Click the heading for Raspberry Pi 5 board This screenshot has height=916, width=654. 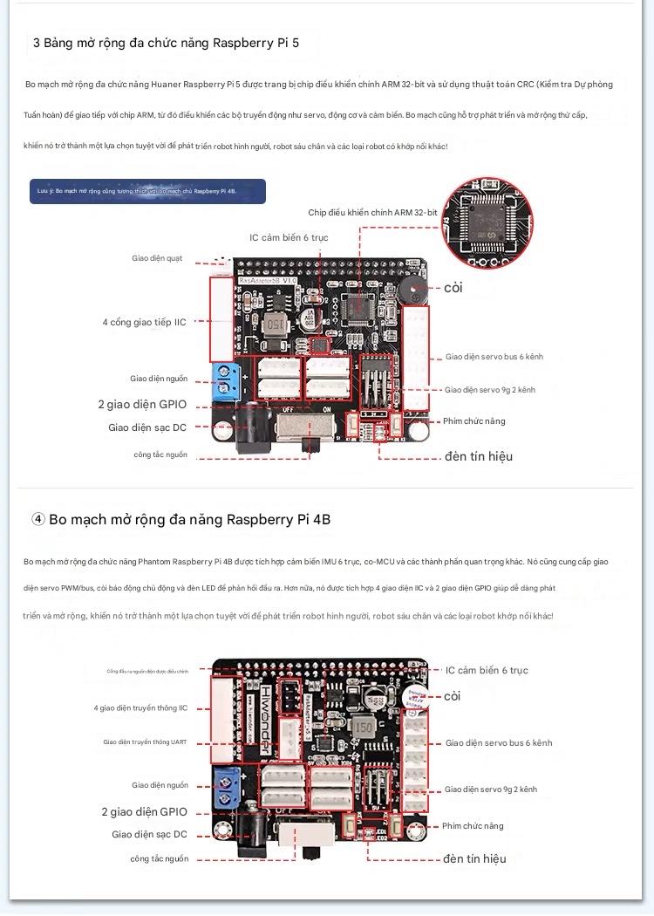pos(166,42)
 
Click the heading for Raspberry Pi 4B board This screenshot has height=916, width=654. pos(181,519)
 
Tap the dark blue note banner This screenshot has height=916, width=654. pos(147,191)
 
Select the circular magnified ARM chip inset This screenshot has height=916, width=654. pos(485,225)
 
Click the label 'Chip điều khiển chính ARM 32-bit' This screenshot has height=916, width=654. pos(372,212)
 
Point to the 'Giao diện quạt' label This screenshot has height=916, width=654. pos(157,258)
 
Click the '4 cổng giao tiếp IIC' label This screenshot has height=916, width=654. pos(144,322)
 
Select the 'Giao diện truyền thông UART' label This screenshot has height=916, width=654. pos(145,742)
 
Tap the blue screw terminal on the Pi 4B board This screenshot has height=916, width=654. pos(228,788)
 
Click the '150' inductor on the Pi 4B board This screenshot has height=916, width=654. pos(364,727)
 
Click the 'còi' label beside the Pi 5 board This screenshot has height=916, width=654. pos(453,288)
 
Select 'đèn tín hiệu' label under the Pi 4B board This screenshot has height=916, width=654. pos(474,858)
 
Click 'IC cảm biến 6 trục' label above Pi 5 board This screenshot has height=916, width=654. pos(289,237)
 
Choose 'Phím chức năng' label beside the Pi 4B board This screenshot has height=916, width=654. pos(473,825)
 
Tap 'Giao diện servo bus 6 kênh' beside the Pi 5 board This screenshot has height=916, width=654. pos(494,356)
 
